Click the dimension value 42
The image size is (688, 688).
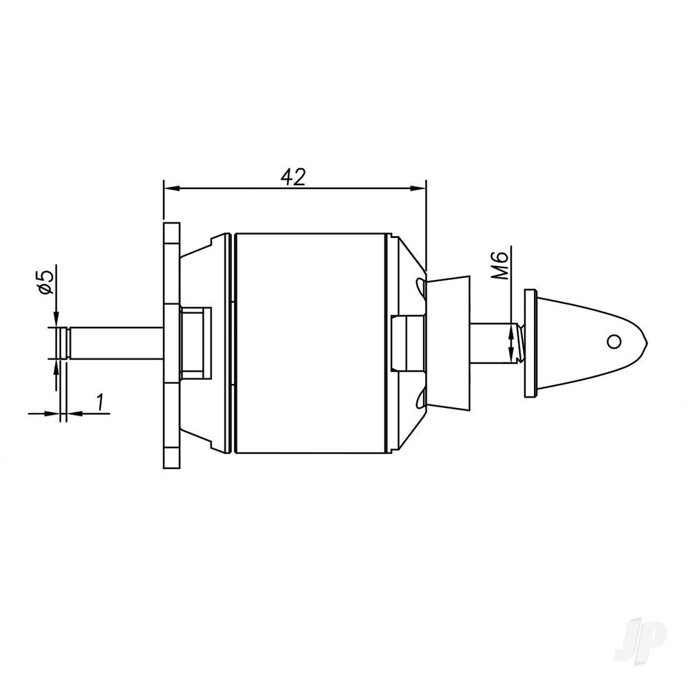[x=293, y=176]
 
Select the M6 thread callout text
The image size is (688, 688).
[x=502, y=266]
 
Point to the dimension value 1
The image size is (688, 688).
[x=100, y=402]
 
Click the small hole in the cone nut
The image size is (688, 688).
[x=613, y=341]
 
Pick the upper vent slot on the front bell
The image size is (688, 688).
[x=418, y=283]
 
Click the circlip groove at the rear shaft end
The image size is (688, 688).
[x=64, y=342]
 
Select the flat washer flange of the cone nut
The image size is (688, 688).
[x=529, y=342]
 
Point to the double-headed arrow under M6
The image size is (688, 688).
[x=510, y=344]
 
